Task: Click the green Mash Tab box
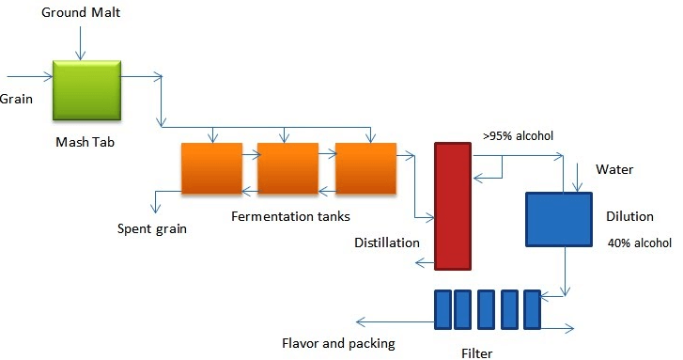tap(86, 89)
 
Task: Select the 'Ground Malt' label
tap(82, 13)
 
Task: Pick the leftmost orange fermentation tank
tap(211, 168)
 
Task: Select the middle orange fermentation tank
tap(287, 168)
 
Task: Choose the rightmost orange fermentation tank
tap(365, 168)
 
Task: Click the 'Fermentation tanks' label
tap(290, 216)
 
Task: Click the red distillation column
tap(453, 205)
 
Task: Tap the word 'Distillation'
tap(387, 243)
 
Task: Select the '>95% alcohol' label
tap(518, 135)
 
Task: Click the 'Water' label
tap(614, 170)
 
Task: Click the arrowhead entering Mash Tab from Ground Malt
tap(82, 55)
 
